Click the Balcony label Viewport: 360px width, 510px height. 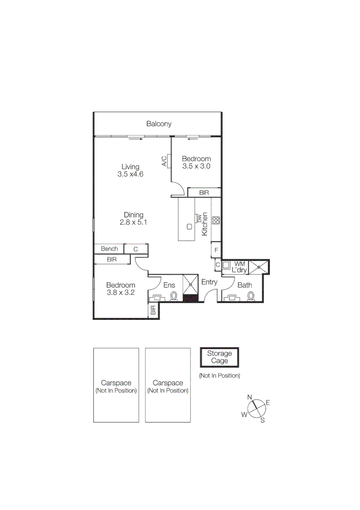(x=159, y=124)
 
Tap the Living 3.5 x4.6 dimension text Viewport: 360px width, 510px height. (x=130, y=174)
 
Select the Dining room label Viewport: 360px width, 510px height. (x=134, y=215)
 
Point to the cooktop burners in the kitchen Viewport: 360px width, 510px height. (x=216, y=220)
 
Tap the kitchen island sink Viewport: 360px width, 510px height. (x=189, y=227)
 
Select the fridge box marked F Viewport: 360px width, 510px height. (x=216, y=250)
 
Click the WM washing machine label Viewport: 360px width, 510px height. (x=239, y=263)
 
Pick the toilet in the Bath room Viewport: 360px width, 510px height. (x=251, y=296)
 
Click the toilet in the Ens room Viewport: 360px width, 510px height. (x=174, y=296)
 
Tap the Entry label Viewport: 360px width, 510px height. (x=209, y=282)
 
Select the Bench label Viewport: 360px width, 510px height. (x=109, y=249)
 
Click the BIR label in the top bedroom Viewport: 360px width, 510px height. (x=204, y=193)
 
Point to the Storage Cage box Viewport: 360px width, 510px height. (x=219, y=357)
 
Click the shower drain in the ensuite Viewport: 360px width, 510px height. (x=191, y=285)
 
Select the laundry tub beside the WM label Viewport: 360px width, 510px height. (x=226, y=265)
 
